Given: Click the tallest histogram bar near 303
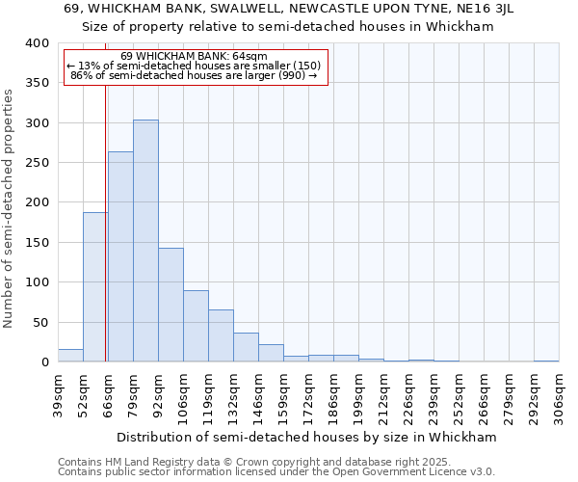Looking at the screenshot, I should (x=145, y=241).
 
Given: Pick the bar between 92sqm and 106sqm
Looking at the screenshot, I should (x=171, y=305).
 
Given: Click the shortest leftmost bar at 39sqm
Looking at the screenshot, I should (x=70, y=356).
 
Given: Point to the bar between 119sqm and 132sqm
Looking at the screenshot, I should (x=221, y=335).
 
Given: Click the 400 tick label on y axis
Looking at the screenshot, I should (x=37, y=43).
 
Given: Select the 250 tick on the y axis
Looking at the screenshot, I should (x=37, y=163).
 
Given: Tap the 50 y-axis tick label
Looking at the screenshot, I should (x=40, y=323).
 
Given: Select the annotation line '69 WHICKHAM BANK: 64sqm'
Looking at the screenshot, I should (x=195, y=56).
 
